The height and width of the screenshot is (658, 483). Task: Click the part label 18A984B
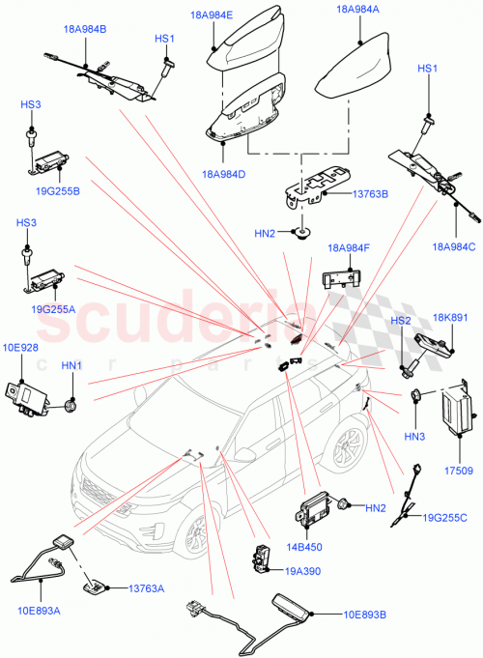[x=86, y=30]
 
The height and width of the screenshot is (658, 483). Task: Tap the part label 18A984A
[x=358, y=9]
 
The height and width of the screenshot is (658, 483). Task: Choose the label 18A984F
[x=349, y=248]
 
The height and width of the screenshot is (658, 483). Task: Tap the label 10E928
[x=20, y=346]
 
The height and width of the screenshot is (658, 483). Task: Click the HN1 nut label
[x=71, y=366]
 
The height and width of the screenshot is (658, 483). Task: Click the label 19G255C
[x=444, y=519]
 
